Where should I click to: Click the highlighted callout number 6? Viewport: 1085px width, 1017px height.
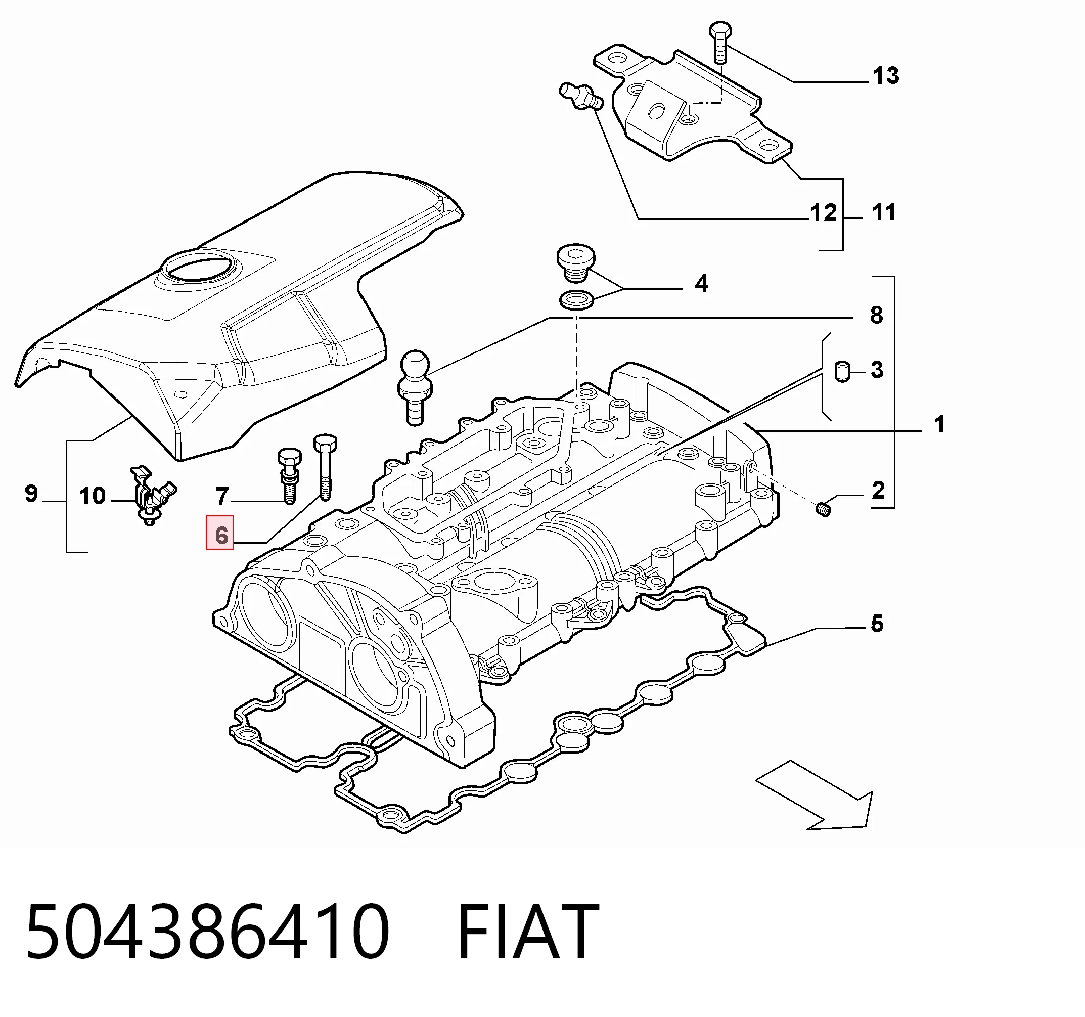coord(220,535)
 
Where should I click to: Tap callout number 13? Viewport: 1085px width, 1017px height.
coord(886,76)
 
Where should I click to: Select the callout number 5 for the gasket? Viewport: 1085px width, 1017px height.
coord(877,624)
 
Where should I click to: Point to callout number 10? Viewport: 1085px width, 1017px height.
coord(92,496)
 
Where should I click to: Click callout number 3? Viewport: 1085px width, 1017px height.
coord(877,370)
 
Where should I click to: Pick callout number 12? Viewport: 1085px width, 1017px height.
coord(824,213)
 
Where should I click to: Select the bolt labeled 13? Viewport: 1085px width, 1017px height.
coord(719,43)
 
